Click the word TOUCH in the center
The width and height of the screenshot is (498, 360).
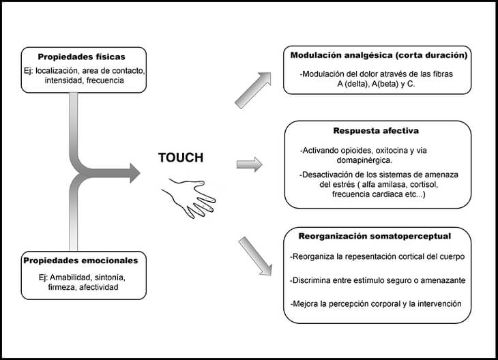[x=181, y=157]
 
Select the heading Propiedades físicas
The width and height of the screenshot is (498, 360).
[x=82, y=57]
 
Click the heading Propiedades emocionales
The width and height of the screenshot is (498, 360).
[x=80, y=260]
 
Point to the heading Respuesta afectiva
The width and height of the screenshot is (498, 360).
[x=376, y=131]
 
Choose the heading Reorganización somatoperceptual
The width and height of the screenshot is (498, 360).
[x=375, y=236]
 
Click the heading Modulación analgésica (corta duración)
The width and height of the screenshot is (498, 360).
[x=379, y=55]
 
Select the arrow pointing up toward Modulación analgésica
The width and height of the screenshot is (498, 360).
[x=253, y=91]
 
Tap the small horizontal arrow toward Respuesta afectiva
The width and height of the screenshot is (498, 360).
[x=249, y=164]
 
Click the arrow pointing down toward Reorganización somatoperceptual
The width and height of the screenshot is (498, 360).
[x=255, y=256]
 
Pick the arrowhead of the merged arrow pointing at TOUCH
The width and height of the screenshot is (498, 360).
[x=135, y=173]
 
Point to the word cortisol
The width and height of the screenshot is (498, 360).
[x=424, y=185]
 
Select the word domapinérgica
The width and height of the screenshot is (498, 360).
[x=364, y=161]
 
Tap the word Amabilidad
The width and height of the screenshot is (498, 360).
[x=71, y=277]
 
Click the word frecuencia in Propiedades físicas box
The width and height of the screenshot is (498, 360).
[x=105, y=80]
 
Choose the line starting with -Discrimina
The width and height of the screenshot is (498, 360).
[x=378, y=281]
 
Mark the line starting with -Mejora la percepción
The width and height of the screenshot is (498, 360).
[x=376, y=304]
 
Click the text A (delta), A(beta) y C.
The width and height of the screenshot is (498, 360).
[x=376, y=85]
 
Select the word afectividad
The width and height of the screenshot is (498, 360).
[x=99, y=287]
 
